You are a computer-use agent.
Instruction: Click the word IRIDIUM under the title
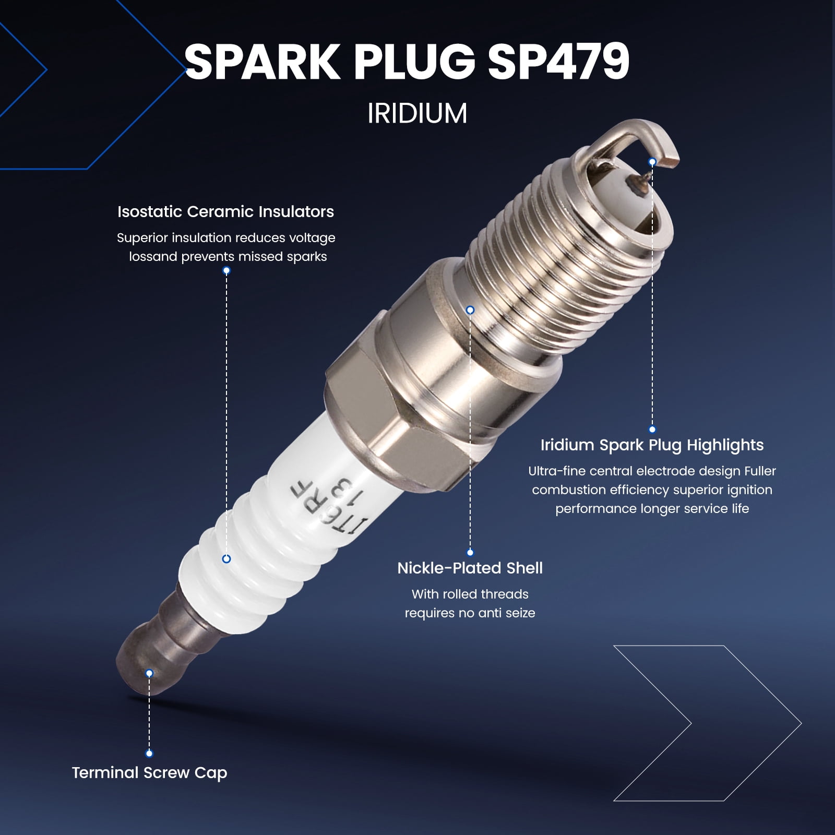tap(417, 114)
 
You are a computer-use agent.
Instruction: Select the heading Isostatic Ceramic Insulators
tap(225, 212)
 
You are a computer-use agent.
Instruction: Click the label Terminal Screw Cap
tap(150, 773)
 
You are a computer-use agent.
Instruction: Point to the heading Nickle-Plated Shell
tap(470, 568)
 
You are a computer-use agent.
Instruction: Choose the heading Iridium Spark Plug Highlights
tap(652, 445)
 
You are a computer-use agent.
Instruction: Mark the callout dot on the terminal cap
tap(149, 673)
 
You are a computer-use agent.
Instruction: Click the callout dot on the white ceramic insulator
tap(226, 559)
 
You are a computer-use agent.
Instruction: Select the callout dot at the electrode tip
tap(652, 162)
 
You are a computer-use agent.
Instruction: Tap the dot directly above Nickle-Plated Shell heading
tap(470, 552)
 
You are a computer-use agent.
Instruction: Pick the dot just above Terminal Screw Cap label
tap(149, 753)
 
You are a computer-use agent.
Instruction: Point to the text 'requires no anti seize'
tap(470, 613)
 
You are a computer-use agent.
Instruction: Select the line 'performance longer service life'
tap(652, 509)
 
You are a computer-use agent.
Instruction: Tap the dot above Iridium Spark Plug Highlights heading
tap(652, 430)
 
